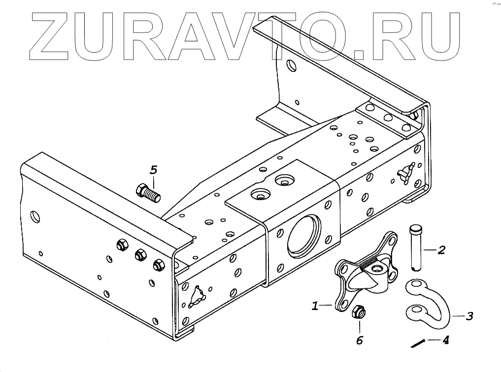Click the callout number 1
(x=315, y=306)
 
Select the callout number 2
(x=441, y=250)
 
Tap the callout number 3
(x=469, y=316)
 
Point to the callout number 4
(x=445, y=340)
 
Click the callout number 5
(x=154, y=170)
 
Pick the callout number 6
(x=359, y=340)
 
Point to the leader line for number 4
(x=434, y=340)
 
